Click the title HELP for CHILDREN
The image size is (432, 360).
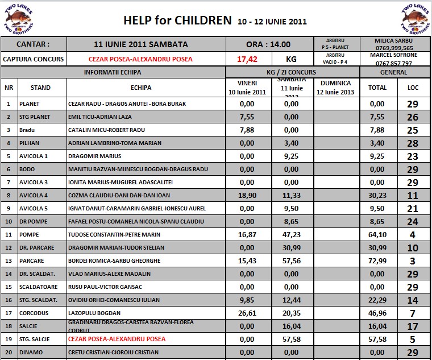click(177, 21)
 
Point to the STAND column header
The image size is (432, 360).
click(41, 88)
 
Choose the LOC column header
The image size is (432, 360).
click(413, 88)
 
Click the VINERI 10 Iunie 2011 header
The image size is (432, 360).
click(247, 88)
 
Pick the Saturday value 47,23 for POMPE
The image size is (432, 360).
click(291, 235)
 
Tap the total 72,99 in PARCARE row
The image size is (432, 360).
click(377, 261)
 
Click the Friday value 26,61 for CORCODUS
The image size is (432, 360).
click(247, 313)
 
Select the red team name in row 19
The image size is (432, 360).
click(116, 340)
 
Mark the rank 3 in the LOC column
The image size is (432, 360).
click(413, 261)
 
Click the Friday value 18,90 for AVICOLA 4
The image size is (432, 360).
click(247, 196)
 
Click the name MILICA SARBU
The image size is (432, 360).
click(393, 42)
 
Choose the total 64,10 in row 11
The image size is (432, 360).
click(377, 235)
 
